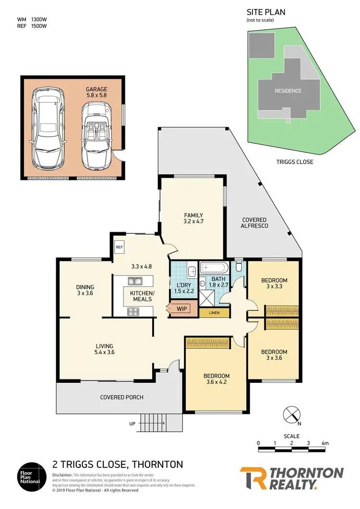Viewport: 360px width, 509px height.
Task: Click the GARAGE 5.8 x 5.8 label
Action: point(96,92)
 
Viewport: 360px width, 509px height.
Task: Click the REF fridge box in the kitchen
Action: point(120,247)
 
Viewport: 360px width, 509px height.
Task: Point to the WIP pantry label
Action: point(181,308)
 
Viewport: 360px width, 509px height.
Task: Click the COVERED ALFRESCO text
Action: point(254,223)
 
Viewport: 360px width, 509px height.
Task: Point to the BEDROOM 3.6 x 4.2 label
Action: point(216,379)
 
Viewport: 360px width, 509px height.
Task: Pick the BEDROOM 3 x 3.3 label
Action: point(274,284)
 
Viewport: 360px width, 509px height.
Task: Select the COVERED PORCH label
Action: point(121,397)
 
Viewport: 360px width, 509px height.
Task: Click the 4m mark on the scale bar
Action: point(325,443)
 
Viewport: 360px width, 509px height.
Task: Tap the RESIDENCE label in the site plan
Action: point(288,91)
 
